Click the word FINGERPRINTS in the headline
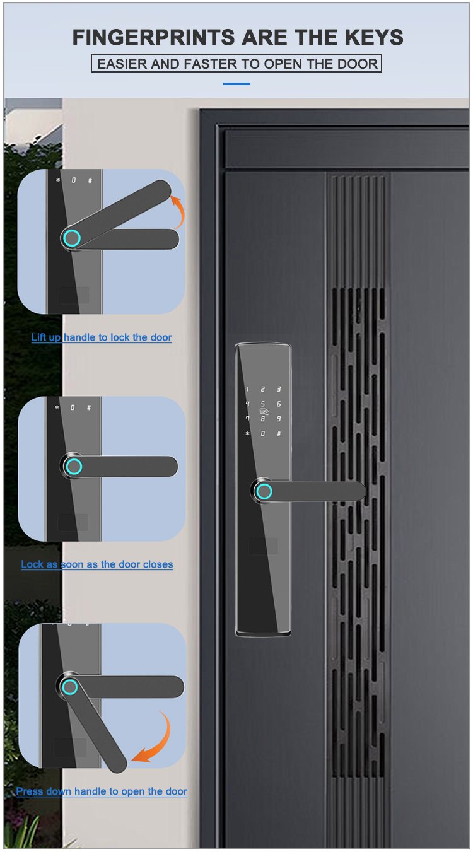tap(154, 37)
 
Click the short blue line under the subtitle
tap(237, 84)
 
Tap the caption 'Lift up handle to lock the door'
tap(102, 337)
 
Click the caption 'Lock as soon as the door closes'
tap(97, 564)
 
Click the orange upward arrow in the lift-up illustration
tap(178, 211)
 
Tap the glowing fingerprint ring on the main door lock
tap(264, 491)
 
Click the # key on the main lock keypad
tap(279, 434)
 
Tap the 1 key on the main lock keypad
tap(247, 389)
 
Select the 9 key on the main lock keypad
tap(279, 419)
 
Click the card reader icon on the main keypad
tap(264, 411)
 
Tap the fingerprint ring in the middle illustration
tap(73, 466)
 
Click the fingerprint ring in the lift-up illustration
tap(72, 238)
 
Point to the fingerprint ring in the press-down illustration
tap(70, 687)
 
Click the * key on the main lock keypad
tap(247, 434)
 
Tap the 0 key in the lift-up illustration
tap(74, 180)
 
